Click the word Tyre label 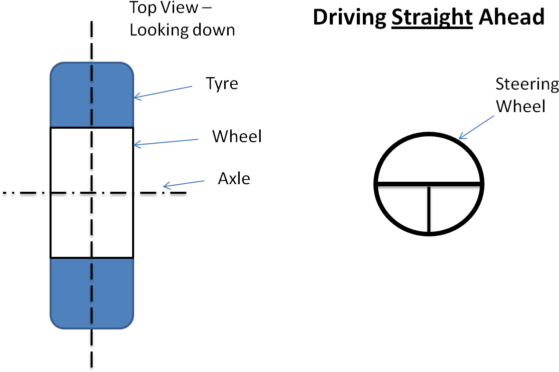(x=222, y=84)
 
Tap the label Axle (x=234, y=178)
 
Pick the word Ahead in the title (x=511, y=17)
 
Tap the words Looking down (x=182, y=30)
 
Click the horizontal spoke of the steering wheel (x=429, y=184)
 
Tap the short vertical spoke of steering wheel (x=429, y=209)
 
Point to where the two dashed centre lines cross (x=92, y=193)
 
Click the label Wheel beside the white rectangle (x=237, y=136)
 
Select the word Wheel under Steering (x=520, y=106)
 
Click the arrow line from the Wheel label (x=166, y=142)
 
